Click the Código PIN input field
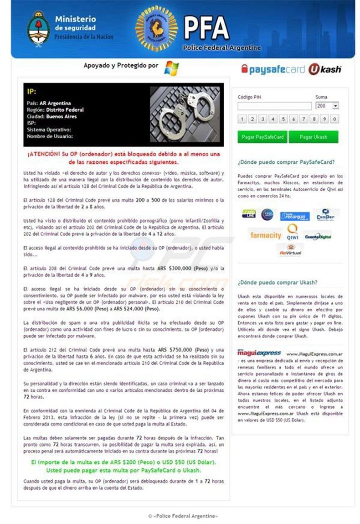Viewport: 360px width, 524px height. (274, 106)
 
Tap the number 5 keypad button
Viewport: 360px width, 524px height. (283, 119)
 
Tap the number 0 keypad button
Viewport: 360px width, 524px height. (335, 119)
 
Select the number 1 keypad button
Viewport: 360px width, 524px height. (242, 119)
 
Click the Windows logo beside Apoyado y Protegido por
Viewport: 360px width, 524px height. (171, 67)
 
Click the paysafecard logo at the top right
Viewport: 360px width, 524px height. (273, 70)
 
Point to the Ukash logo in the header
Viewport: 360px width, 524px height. (325, 70)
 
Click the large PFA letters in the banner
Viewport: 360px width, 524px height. (206, 28)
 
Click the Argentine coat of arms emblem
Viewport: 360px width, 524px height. (39, 28)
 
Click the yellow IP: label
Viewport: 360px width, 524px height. (31, 91)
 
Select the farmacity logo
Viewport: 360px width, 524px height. (266, 235)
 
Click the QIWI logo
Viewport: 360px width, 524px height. (293, 233)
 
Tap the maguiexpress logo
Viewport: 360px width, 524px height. (259, 353)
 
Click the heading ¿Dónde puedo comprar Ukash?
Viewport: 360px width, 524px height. (278, 283)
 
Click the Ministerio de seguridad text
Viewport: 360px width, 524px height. (75, 23)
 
